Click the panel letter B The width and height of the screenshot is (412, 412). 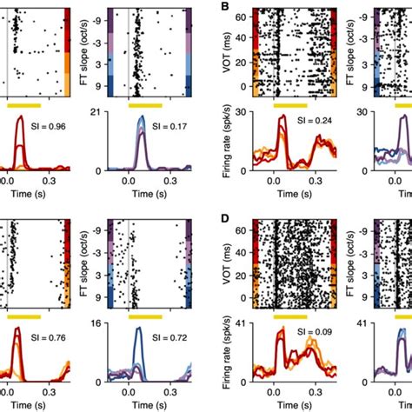coord(224,7)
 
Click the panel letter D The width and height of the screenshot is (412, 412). coord(224,214)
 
